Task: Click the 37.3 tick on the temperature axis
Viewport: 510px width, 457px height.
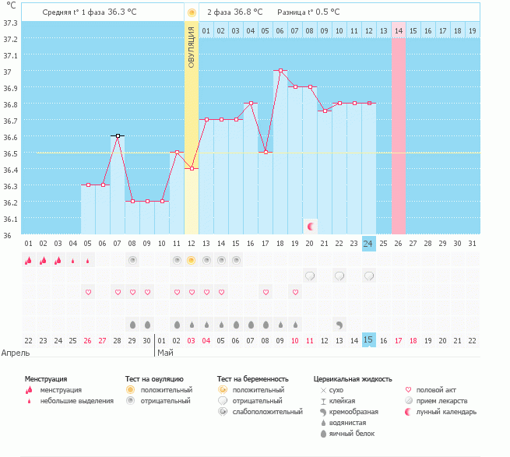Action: point(10,23)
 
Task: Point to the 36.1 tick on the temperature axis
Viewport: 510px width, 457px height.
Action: point(10,219)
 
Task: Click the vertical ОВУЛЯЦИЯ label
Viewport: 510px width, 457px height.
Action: point(192,47)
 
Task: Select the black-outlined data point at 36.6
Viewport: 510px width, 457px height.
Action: point(118,136)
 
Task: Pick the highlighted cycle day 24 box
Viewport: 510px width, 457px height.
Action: point(368,244)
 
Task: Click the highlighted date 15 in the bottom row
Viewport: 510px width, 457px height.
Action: point(368,340)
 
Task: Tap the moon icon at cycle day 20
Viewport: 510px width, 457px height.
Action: point(310,226)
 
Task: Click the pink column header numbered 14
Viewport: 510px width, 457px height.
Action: point(398,30)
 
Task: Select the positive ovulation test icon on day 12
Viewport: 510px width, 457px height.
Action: point(192,260)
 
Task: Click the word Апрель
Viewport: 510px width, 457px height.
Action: point(16,352)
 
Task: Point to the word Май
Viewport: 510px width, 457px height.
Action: point(165,352)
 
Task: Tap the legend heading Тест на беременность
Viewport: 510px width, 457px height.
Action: point(258,378)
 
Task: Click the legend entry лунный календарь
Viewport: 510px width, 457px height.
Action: point(446,411)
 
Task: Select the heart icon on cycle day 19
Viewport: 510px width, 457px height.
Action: point(295,292)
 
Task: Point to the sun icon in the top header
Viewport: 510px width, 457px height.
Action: point(192,13)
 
